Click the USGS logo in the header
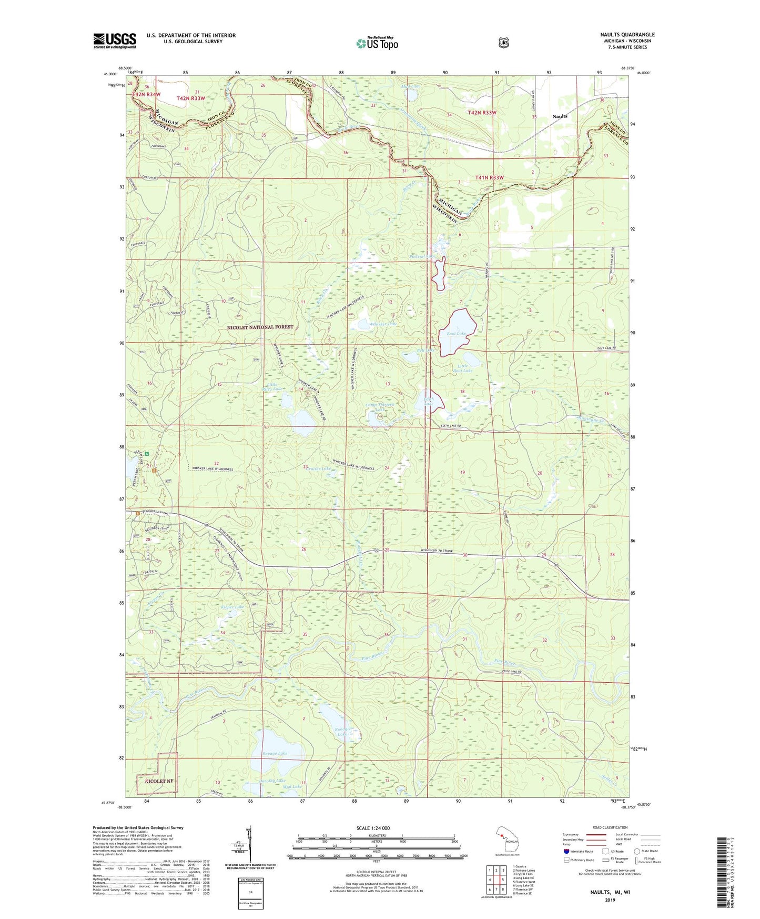pos(115,41)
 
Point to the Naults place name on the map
pos(560,116)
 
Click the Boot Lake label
pos(456,334)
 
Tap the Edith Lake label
pos(429,402)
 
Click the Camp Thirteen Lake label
pos(380,408)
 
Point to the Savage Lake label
pos(275,754)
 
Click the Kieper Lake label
pos(232,607)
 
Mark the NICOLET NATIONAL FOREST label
pos(260,327)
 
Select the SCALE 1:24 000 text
pos(373,828)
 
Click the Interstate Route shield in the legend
pos(566,851)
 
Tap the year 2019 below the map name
pos(610,900)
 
